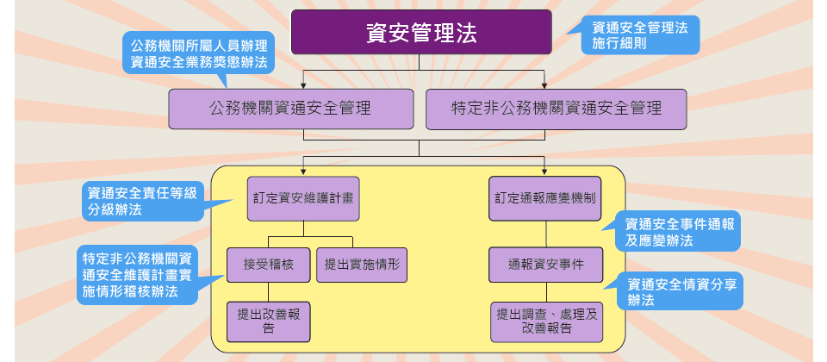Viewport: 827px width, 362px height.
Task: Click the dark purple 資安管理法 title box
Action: [x=421, y=32]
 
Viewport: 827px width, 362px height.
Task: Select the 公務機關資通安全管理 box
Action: [x=291, y=109]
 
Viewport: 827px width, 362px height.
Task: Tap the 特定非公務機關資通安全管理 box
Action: [x=556, y=109]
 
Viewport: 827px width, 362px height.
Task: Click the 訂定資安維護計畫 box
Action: [x=303, y=198]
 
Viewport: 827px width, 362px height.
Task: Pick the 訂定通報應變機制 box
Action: [x=544, y=198]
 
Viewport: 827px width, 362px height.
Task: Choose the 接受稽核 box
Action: [x=269, y=265]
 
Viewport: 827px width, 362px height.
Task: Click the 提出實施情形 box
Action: [x=362, y=265]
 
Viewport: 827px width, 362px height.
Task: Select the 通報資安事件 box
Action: [x=546, y=265]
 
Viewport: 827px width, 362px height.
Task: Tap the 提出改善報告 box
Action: [x=269, y=321]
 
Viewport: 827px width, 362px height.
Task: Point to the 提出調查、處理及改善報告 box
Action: [x=546, y=321]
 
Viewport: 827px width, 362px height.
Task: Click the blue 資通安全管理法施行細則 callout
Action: [x=640, y=34]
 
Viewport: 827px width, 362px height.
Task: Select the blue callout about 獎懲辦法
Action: [x=199, y=53]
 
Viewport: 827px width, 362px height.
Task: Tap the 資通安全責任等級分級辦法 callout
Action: [x=144, y=202]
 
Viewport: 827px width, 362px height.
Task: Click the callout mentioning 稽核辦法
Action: [x=138, y=275]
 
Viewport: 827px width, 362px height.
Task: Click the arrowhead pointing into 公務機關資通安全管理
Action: [x=303, y=85]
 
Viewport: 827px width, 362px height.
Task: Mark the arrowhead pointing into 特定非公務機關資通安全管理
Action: [x=544, y=85]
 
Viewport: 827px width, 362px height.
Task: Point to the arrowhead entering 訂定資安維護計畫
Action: [x=303, y=172]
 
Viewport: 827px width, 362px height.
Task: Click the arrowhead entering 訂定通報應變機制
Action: [x=544, y=172]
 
